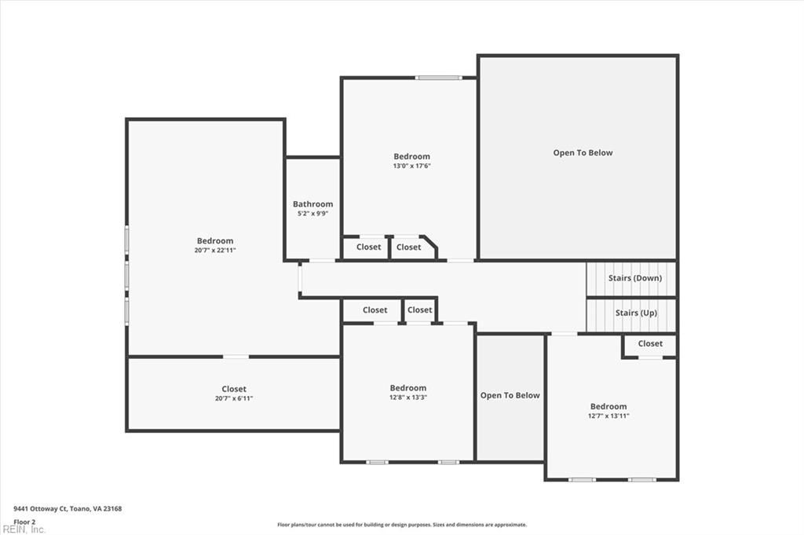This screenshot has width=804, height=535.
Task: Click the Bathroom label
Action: coord(312,204)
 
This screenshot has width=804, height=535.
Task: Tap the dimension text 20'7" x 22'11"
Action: coord(215,251)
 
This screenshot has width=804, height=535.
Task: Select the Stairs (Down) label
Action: coord(634,278)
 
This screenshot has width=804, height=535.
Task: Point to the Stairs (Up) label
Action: coord(636,313)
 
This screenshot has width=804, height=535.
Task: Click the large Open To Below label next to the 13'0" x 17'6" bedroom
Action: coord(583,153)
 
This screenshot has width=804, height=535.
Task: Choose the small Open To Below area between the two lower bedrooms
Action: coord(510,396)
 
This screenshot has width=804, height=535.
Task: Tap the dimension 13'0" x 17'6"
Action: coord(411,166)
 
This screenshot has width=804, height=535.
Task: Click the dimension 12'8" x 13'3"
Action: coord(408,398)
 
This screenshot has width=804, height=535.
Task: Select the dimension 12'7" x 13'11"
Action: coord(608,416)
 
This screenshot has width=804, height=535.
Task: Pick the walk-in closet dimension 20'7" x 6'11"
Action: coord(233,398)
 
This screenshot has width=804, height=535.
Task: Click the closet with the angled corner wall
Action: coord(409,247)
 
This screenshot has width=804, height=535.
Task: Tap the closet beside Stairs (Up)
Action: coord(650,344)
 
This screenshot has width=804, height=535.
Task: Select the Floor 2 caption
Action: coord(24,522)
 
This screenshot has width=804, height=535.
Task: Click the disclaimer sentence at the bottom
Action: coord(401,525)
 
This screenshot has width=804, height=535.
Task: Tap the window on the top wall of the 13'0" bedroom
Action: coord(438,78)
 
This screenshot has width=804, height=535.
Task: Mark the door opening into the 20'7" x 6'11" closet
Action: coord(236,357)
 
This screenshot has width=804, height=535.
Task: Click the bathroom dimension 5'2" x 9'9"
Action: coord(312,213)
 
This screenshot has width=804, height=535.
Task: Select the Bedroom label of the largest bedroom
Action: coord(215,241)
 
